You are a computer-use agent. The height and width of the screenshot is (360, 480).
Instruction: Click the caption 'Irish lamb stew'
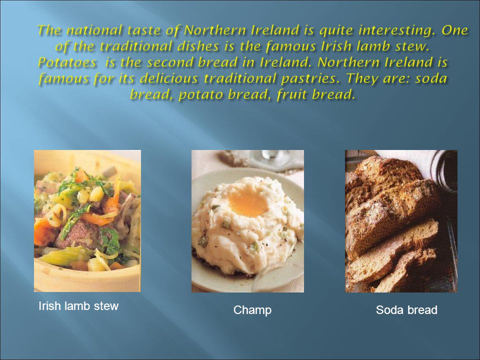click(x=78, y=306)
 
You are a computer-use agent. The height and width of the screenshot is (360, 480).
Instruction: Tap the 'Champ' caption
click(x=252, y=310)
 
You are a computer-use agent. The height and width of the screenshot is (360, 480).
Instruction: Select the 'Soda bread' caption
click(x=406, y=310)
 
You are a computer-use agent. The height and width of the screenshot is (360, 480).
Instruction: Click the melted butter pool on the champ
click(x=248, y=203)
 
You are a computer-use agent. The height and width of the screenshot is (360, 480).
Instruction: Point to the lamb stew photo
click(x=87, y=220)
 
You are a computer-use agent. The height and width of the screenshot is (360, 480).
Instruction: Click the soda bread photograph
click(x=401, y=221)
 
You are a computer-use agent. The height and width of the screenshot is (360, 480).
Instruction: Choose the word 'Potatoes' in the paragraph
click(x=67, y=62)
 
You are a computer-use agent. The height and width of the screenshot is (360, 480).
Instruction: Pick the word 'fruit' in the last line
click(x=291, y=94)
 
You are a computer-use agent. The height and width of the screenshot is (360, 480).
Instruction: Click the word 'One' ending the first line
click(x=454, y=30)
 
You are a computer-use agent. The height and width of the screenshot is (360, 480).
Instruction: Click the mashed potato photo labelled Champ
click(x=247, y=221)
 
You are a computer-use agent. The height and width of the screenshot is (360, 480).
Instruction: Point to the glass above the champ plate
click(x=270, y=157)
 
